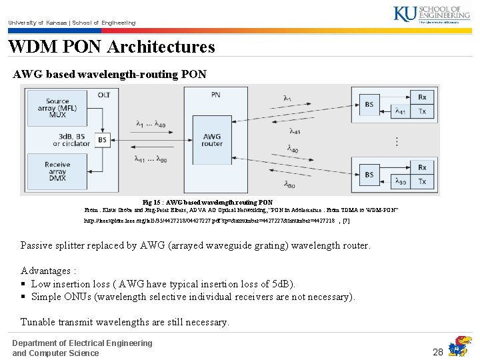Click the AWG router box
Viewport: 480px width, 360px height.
point(212,140)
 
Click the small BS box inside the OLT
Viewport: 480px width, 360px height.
point(102,140)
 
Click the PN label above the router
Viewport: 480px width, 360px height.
point(215,95)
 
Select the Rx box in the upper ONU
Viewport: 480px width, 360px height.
point(421,97)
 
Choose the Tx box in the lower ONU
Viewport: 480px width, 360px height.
point(421,181)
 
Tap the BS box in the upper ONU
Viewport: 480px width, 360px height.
point(369,104)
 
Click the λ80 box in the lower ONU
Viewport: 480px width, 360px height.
point(400,181)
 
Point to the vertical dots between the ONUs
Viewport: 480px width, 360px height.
point(397,141)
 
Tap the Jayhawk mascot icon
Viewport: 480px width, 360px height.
point(459,346)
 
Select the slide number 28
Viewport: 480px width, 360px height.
point(438,351)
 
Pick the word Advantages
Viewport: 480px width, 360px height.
point(46,271)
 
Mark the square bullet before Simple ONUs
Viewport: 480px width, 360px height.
point(24,297)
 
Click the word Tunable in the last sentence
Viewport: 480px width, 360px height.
point(38,322)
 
